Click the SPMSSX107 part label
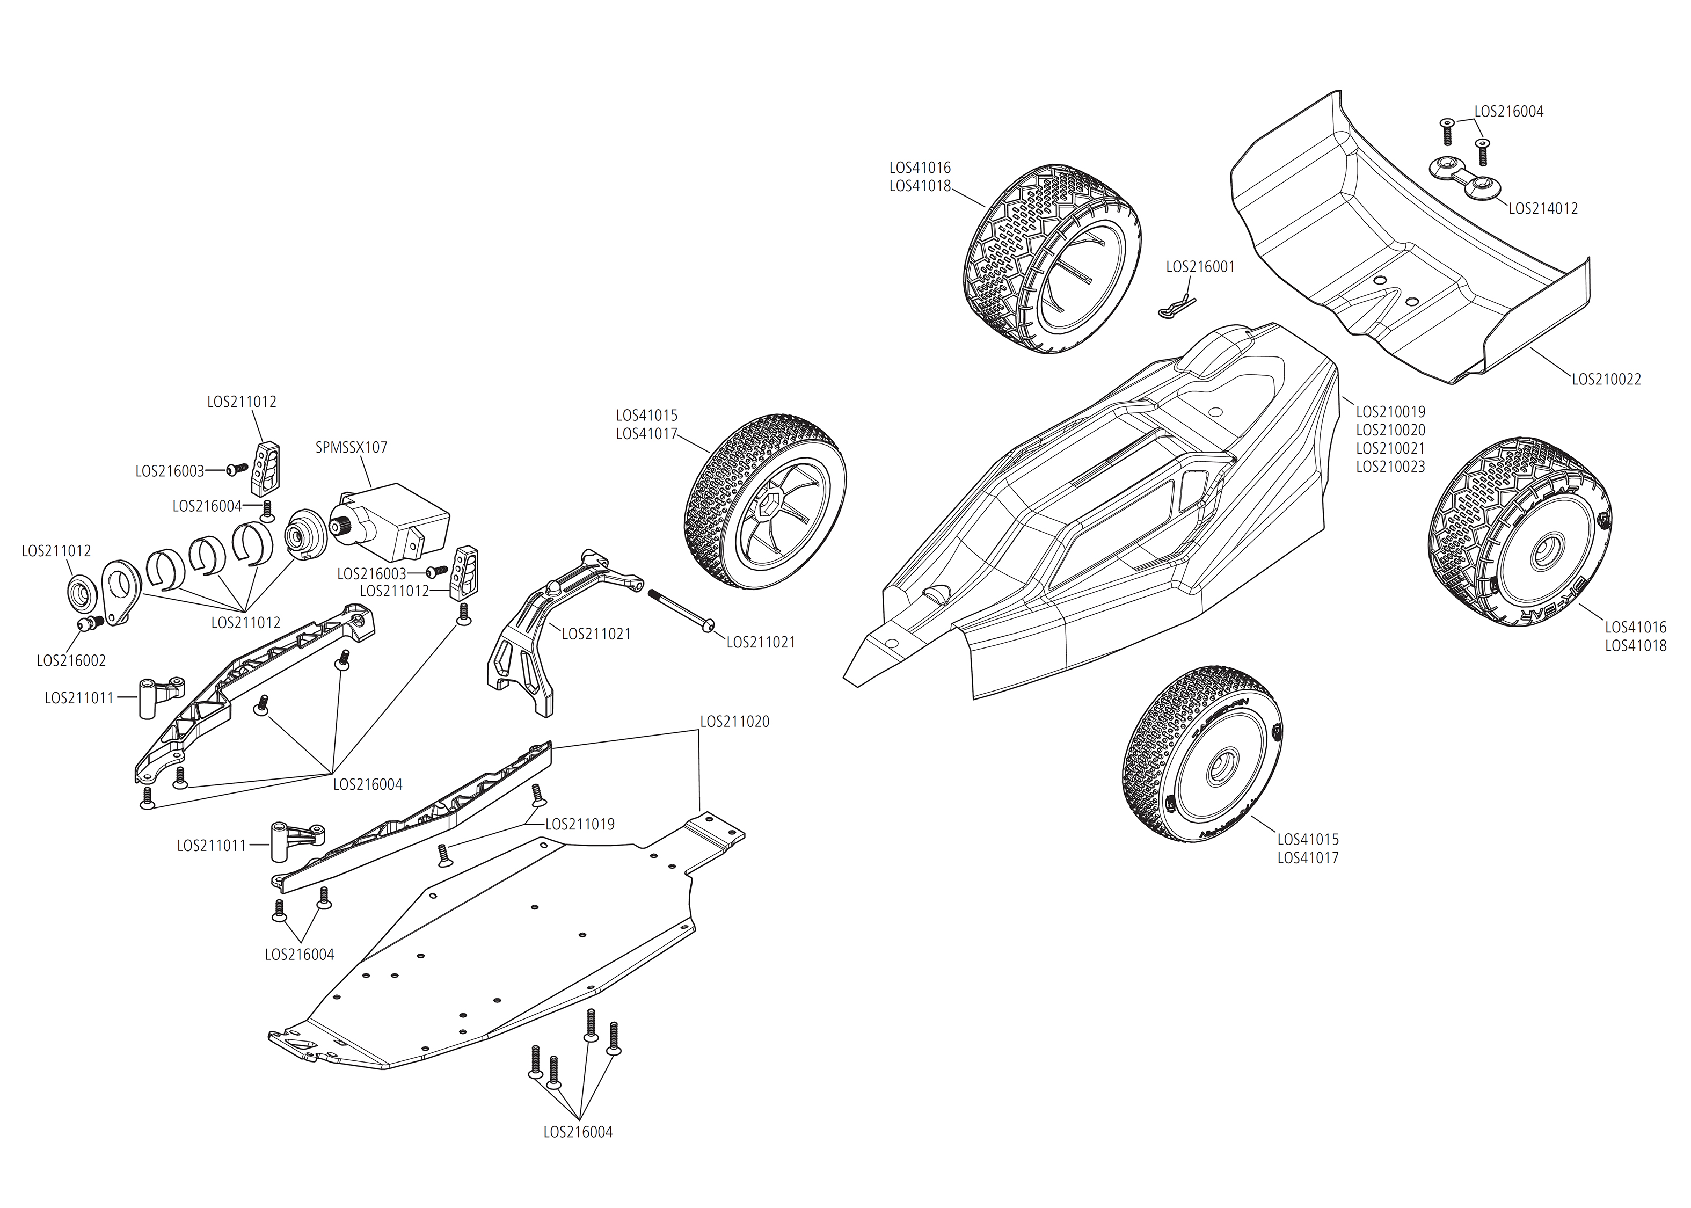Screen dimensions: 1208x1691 (351, 447)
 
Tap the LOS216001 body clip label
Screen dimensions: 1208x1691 (1200, 266)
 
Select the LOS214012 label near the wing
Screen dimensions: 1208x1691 (1543, 208)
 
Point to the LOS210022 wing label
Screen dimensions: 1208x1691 (1606, 379)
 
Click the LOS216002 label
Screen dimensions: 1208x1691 (71, 660)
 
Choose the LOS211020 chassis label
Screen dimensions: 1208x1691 (735, 721)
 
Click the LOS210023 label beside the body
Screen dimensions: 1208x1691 (1390, 467)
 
